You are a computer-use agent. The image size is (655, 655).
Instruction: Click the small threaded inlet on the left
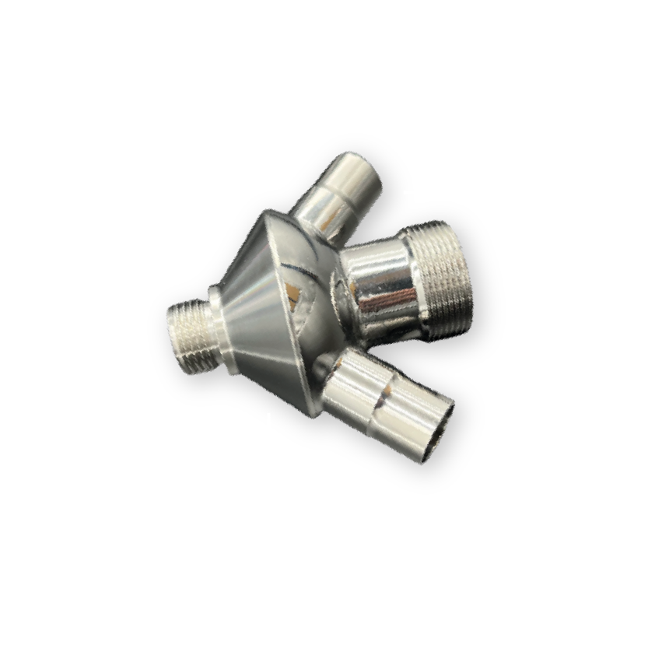pyautogui.click(x=190, y=335)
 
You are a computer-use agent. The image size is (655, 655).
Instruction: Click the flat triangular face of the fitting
pyautogui.click(x=299, y=311)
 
